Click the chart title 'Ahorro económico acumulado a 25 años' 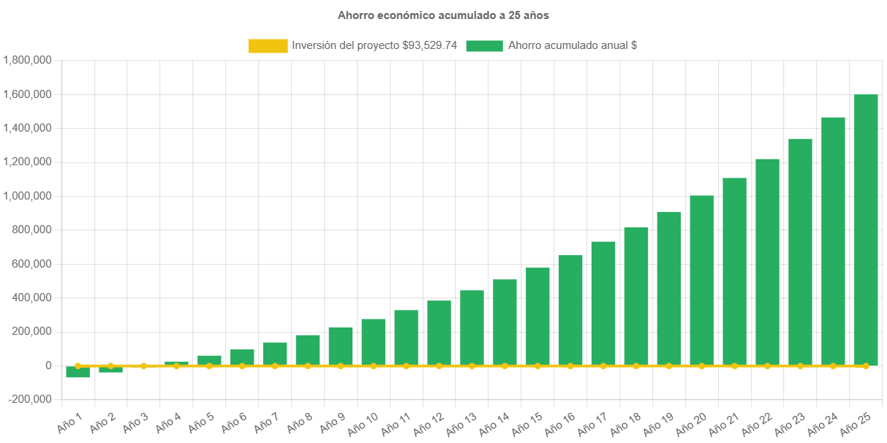coord(443,15)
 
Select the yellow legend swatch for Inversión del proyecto coord(268,45)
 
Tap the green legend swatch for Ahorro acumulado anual coord(484,45)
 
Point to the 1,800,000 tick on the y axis coord(27,60)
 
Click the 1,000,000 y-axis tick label coord(27,196)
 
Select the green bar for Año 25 coord(866,230)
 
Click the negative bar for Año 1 coord(78,372)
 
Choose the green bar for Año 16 coord(570,310)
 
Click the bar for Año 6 coord(242,357)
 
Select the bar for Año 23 coord(800,251)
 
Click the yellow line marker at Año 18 coord(636,366)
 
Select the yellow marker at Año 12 coord(439,366)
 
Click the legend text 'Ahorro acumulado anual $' coord(572,45)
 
